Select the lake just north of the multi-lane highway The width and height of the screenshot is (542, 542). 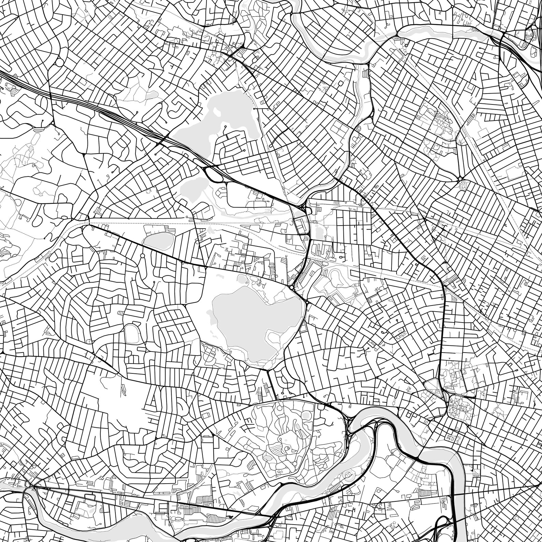[232, 113]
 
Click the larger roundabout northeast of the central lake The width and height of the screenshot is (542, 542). [292, 288]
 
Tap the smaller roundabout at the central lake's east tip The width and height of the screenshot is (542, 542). [307, 302]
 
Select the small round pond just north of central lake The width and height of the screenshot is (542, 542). [243, 280]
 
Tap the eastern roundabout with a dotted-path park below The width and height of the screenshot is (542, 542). [460, 179]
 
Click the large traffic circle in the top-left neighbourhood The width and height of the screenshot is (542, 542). [57, 62]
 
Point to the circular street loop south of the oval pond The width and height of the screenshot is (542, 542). [143, 255]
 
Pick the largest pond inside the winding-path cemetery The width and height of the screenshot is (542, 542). [306, 415]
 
